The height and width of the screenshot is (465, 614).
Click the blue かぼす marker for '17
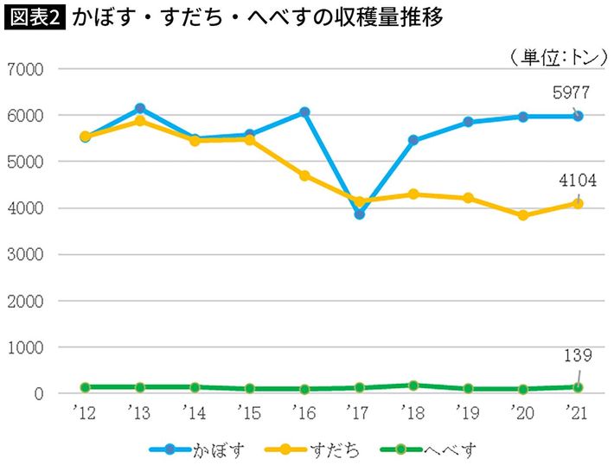[360, 213]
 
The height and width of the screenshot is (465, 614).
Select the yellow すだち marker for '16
[304, 175]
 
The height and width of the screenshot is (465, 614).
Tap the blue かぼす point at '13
[140, 109]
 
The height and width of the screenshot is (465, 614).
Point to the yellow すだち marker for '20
[523, 215]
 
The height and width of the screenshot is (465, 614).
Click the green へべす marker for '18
[413, 385]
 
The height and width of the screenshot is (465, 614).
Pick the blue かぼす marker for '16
[304, 112]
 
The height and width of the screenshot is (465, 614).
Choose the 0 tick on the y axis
[38, 394]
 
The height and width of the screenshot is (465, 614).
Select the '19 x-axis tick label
[468, 412]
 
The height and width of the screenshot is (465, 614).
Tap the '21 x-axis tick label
[578, 412]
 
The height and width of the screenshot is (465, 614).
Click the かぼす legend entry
[199, 449]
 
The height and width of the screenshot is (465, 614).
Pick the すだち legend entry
[321, 449]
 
